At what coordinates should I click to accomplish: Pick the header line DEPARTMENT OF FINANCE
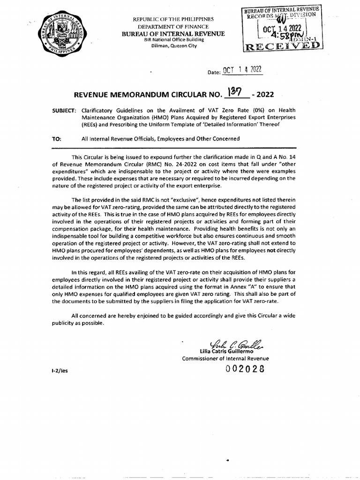(173, 26)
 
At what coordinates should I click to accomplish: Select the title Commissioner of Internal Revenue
(225, 359)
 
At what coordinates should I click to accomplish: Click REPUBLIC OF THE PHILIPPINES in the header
(173, 19)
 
